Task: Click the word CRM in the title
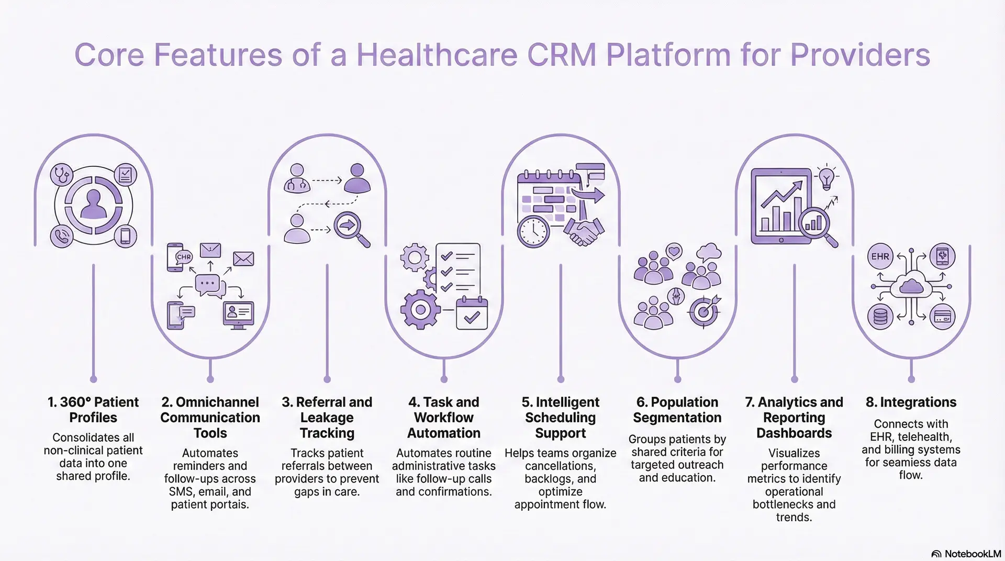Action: tap(562, 55)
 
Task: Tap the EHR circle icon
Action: tap(880, 256)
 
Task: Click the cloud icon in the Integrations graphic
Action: tap(911, 286)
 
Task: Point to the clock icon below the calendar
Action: tap(533, 231)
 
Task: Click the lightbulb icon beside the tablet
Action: tap(826, 177)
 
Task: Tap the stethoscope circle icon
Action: tap(62, 174)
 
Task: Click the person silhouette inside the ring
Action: tap(94, 205)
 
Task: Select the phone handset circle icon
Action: tap(62, 237)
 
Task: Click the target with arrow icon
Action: tap(705, 311)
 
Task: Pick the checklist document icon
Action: tap(457, 269)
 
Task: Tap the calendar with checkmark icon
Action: tap(472, 313)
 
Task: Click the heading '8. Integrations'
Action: tap(911, 402)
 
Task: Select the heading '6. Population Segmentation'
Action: tap(677, 410)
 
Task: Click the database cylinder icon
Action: tap(880, 317)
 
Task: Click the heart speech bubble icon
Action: tap(674, 252)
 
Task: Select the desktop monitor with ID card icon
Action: tap(238, 314)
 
